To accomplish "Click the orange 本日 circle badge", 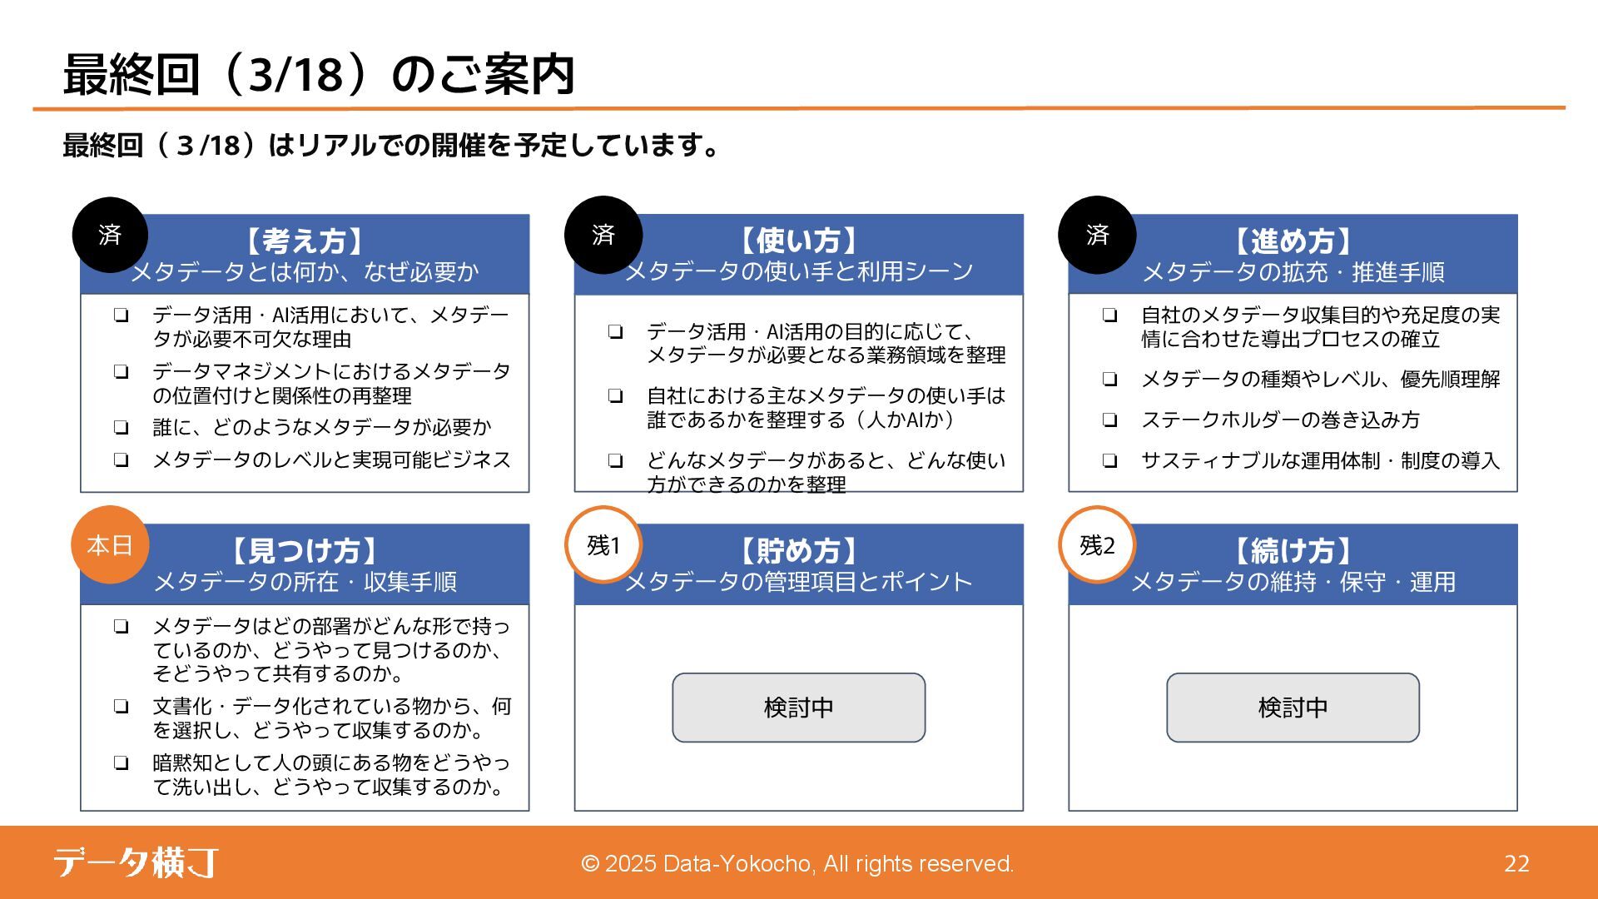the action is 110,545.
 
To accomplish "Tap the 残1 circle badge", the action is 603,545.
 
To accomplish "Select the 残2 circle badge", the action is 1097,545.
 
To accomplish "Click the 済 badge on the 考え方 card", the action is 110,235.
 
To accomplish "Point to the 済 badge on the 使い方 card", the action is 603,235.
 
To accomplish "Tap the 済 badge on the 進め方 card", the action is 1097,235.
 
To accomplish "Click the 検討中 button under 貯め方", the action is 798,708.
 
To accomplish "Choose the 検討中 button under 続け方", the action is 1293,708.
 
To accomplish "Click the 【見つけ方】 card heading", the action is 305,551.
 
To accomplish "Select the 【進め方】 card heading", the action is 1293,241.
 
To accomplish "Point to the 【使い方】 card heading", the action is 798,241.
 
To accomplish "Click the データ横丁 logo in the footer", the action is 136,862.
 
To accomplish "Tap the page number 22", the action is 1516,864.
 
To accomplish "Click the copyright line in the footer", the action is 797,864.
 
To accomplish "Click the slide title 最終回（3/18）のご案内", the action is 319,75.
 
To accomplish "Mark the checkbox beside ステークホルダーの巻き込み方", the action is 1109,420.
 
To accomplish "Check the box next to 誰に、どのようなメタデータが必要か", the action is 122,428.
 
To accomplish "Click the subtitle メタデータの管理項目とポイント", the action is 798,582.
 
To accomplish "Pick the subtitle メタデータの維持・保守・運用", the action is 1293,582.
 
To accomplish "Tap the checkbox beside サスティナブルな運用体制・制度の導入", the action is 1109,461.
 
